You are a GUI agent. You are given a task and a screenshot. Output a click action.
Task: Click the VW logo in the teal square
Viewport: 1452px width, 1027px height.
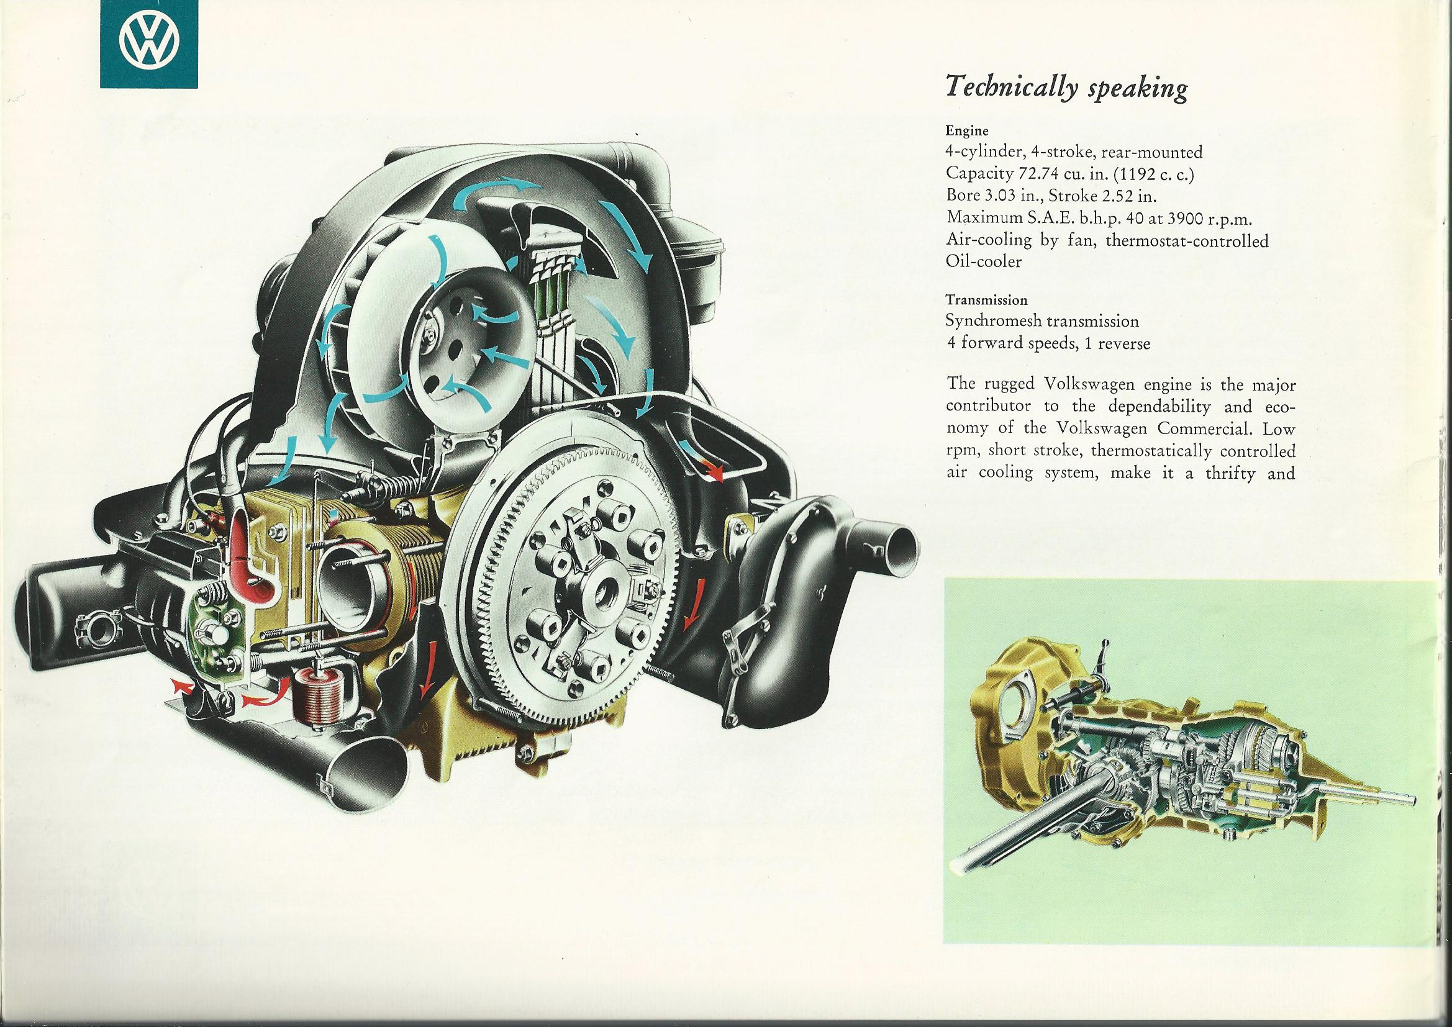149,45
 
